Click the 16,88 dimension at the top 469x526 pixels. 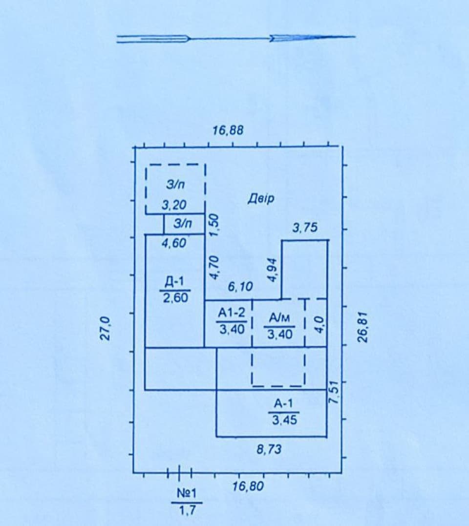[x=228, y=130]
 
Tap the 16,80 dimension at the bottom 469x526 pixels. [x=248, y=486]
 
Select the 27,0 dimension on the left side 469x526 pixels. [x=106, y=328]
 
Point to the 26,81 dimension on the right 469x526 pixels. [x=362, y=327]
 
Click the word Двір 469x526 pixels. [x=261, y=198]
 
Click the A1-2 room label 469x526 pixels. [x=232, y=313]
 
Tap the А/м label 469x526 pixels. [x=279, y=317]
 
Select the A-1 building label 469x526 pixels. [x=283, y=403]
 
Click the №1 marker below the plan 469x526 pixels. [x=187, y=493]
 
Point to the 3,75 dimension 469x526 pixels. [x=305, y=228]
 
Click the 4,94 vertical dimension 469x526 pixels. [x=272, y=270]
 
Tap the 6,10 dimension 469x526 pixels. [x=240, y=287]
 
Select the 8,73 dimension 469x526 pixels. [x=269, y=449]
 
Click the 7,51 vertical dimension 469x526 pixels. [x=334, y=392]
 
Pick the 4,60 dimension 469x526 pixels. [x=174, y=243]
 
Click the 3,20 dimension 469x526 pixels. [x=174, y=205]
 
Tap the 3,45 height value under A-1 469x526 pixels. [x=284, y=420]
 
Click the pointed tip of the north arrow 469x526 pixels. [x=355, y=37]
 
